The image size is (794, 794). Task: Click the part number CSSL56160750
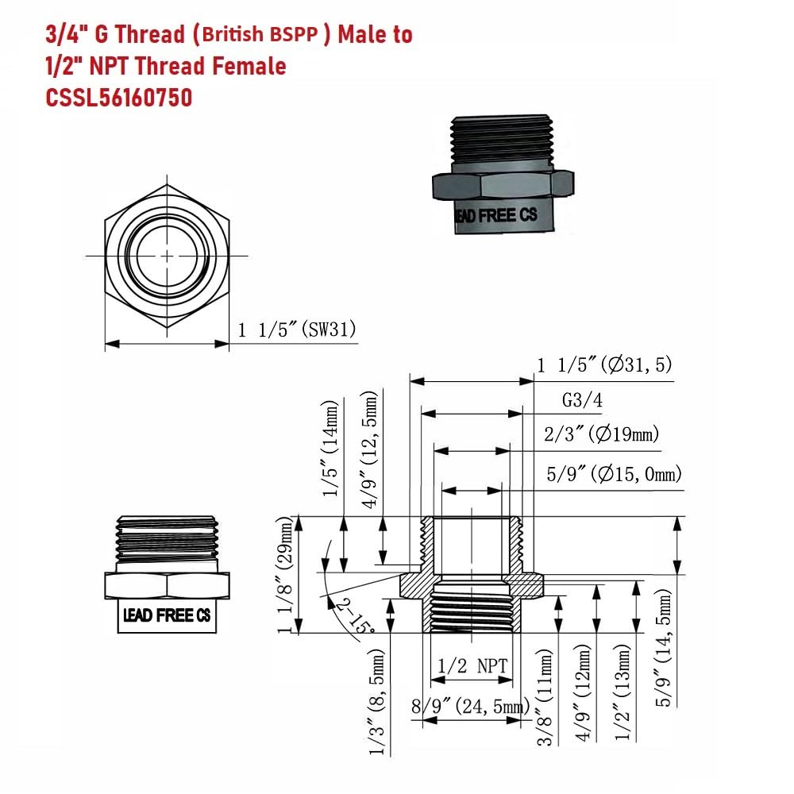pos(119,97)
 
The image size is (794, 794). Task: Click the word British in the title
pos(234,34)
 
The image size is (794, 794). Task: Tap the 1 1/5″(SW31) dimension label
pos(297,330)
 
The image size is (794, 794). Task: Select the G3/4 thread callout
pos(582,400)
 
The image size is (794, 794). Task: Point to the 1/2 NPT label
pos(472,665)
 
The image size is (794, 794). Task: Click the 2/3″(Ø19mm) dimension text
pos(602,434)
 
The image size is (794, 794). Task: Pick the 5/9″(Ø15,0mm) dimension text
pos(615,474)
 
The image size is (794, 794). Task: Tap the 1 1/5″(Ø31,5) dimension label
pos(604,364)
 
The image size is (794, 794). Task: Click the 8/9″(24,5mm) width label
pos(470,705)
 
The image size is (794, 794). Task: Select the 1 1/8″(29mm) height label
pos(286,575)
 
